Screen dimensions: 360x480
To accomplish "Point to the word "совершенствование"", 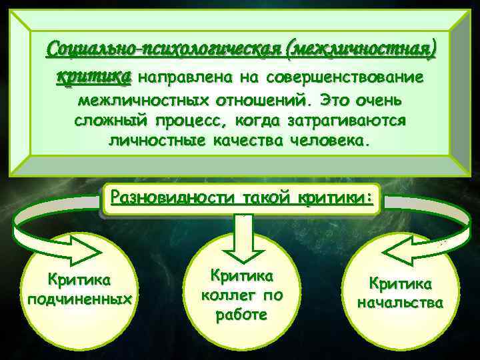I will (344, 77).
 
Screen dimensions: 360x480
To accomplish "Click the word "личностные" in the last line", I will (155, 143).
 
